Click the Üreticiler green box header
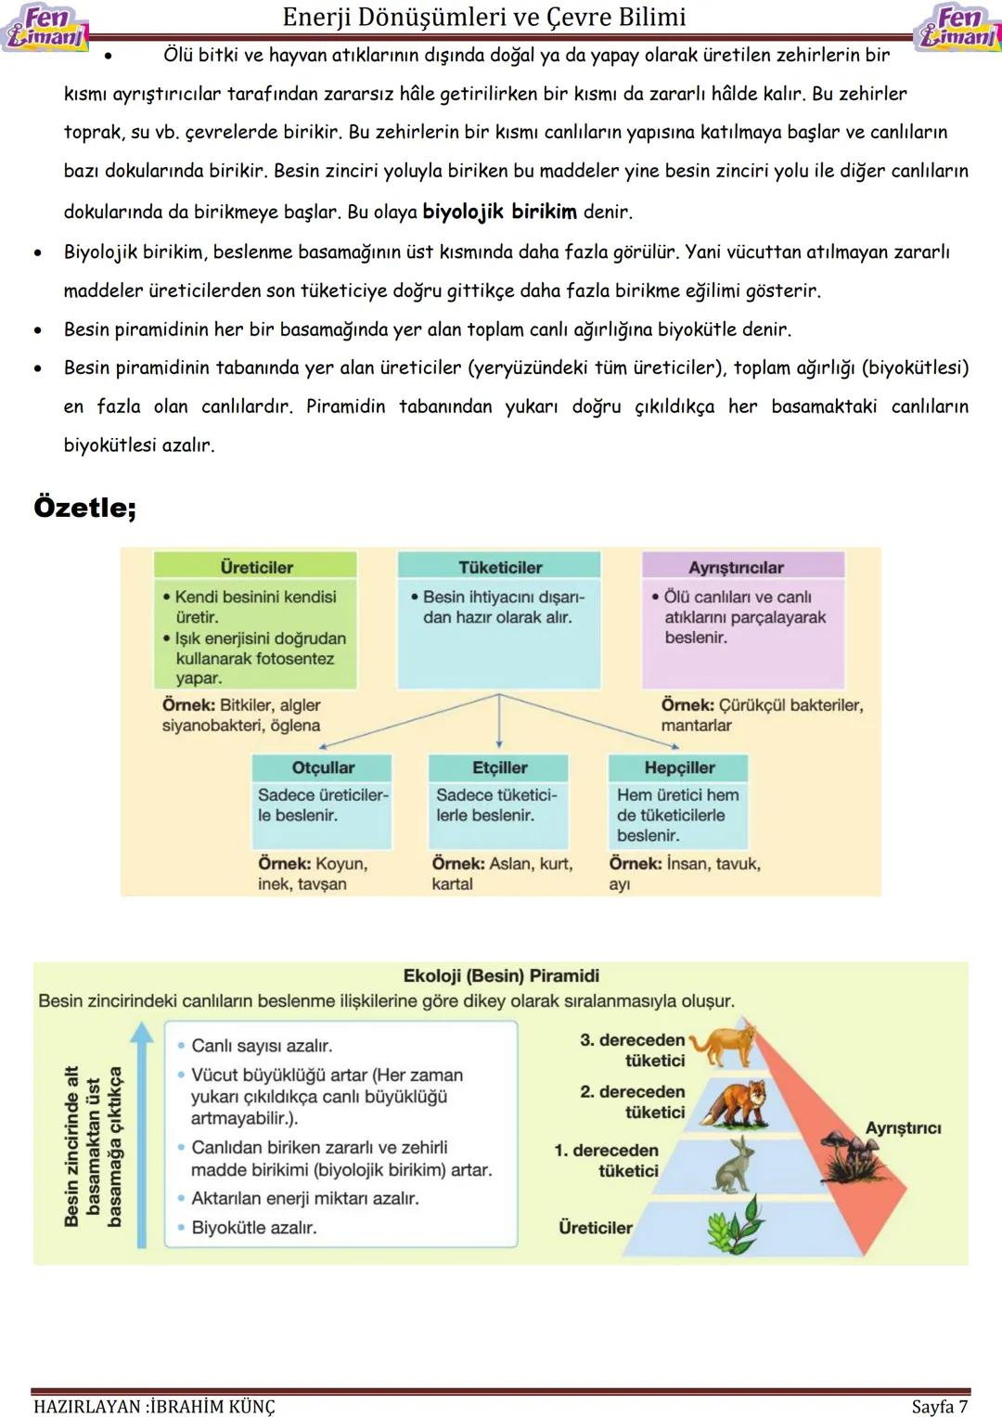coord(256,567)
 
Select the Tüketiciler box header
coord(499,567)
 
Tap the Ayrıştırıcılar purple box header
coord(736,567)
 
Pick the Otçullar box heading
coord(323,767)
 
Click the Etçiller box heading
coord(499,767)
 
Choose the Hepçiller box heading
coord(679,767)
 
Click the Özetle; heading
coord(85,508)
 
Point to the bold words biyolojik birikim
coord(499,212)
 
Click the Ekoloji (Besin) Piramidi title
coord(501,975)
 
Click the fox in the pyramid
coord(738,1102)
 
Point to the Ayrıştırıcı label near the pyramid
coord(903,1127)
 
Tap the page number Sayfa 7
coord(939,1406)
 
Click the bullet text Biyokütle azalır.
coord(253,1228)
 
